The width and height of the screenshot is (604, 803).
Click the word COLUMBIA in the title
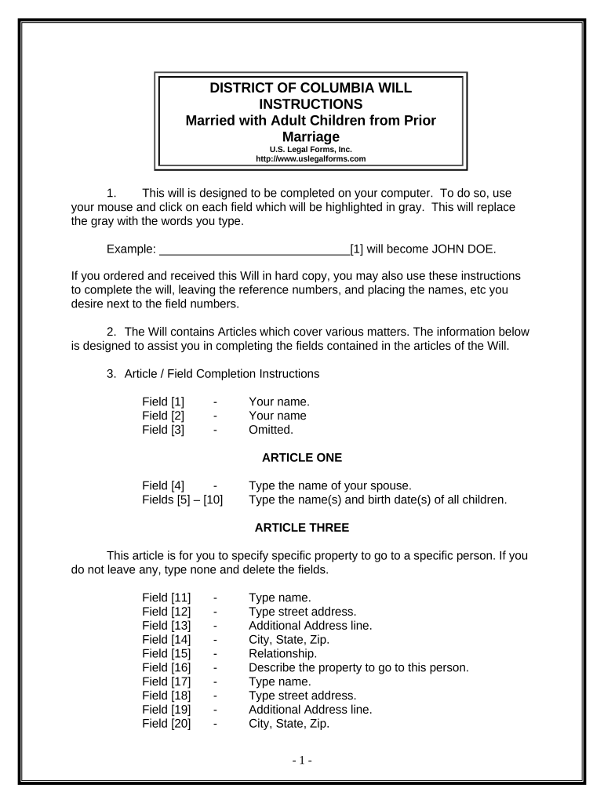tap(339, 87)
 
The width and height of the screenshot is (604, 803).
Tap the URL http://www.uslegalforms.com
tap(311, 158)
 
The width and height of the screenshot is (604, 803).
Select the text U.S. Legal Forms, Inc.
tap(311, 149)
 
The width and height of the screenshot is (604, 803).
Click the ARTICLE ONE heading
tap(301, 457)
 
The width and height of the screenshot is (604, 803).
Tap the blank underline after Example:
tap(254, 250)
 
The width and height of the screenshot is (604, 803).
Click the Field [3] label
tap(163, 430)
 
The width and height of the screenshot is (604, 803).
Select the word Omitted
tap(271, 430)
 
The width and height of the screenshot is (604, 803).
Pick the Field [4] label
tap(163, 485)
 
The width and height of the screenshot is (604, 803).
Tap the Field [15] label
tap(166, 653)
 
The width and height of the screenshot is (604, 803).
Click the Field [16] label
tap(166, 667)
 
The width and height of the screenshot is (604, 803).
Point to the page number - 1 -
tap(302, 761)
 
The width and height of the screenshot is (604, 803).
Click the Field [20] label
tap(166, 724)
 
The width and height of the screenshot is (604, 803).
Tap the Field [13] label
tap(166, 625)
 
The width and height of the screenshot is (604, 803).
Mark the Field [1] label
tap(163, 401)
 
